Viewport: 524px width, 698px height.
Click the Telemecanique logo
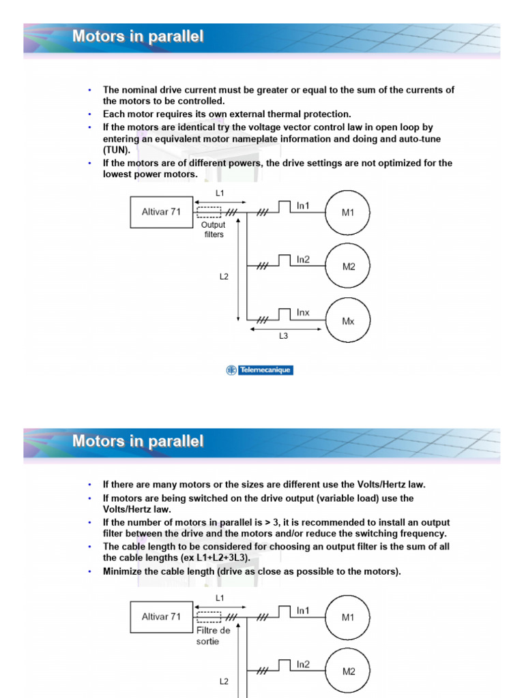pyautogui.click(x=259, y=370)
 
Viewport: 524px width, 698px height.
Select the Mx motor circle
pyautogui.click(x=348, y=321)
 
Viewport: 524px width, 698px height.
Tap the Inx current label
pyautogui.click(x=303, y=313)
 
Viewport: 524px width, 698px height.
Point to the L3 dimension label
pyautogui.click(x=284, y=336)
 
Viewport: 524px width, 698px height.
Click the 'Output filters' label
pyautogui.click(x=213, y=229)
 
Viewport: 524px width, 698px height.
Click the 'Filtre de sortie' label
pyautogui.click(x=214, y=636)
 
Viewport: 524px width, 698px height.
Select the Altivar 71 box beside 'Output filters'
pyautogui.click(x=161, y=212)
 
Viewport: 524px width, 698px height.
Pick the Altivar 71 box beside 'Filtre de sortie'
pyautogui.click(x=161, y=617)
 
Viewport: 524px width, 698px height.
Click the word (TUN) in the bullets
pyautogui.click(x=116, y=150)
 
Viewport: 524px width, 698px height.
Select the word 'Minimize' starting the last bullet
pyautogui.click(x=123, y=571)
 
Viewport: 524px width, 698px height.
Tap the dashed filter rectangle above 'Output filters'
pyautogui.click(x=208, y=212)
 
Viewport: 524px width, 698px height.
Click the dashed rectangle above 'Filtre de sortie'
pyautogui.click(x=208, y=617)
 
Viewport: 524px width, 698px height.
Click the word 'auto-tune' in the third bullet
pyautogui.click(x=419, y=138)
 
